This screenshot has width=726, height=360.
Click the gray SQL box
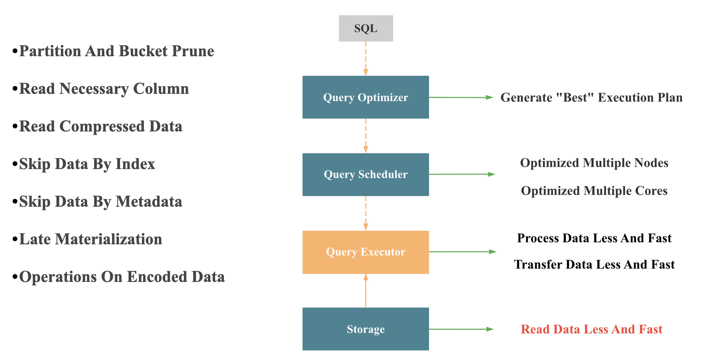(365, 28)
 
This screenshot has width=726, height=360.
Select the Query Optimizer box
(365, 97)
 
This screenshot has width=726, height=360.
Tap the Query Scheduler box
(365, 174)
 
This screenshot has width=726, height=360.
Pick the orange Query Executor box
(365, 252)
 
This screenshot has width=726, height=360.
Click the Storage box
(365, 329)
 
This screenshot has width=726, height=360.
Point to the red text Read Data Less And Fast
(591, 329)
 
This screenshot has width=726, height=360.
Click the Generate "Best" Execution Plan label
(591, 97)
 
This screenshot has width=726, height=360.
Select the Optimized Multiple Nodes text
(594, 163)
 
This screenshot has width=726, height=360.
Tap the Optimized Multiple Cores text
(594, 191)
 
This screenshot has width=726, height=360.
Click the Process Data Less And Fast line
(594, 238)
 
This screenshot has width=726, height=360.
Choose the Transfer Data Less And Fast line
(594, 265)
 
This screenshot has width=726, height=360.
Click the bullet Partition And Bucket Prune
(116, 51)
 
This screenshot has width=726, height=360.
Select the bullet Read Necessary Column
(104, 89)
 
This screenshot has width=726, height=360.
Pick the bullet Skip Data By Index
(87, 164)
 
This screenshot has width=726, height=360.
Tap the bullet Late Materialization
(91, 239)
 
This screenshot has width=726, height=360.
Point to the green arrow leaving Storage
(461, 329)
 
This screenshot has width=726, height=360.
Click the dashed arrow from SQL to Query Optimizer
(365, 59)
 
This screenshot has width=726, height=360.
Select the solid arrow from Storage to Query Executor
(365, 291)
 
